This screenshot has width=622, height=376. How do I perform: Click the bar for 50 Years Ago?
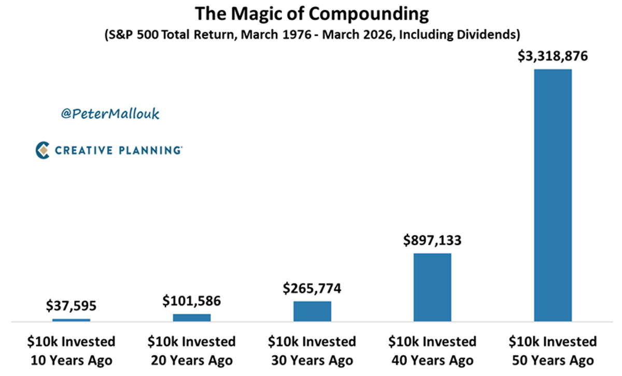(x=553, y=195)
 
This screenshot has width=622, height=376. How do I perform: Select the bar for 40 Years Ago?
(x=432, y=287)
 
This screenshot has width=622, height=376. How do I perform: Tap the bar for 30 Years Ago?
(x=312, y=311)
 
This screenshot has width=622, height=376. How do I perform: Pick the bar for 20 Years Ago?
(x=192, y=317)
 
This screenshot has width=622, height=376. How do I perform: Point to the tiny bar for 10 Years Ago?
(x=72, y=320)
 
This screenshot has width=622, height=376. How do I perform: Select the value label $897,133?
(x=432, y=241)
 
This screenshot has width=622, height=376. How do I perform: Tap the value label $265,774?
(x=312, y=289)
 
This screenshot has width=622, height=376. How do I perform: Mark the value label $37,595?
(x=72, y=307)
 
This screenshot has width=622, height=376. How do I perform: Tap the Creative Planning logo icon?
(x=43, y=150)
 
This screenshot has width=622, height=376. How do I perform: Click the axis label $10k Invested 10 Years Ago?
(x=72, y=351)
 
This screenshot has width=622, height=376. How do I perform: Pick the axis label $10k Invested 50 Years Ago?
(x=553, y=351)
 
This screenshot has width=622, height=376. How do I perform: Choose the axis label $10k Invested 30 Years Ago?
(x=312, y=351)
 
